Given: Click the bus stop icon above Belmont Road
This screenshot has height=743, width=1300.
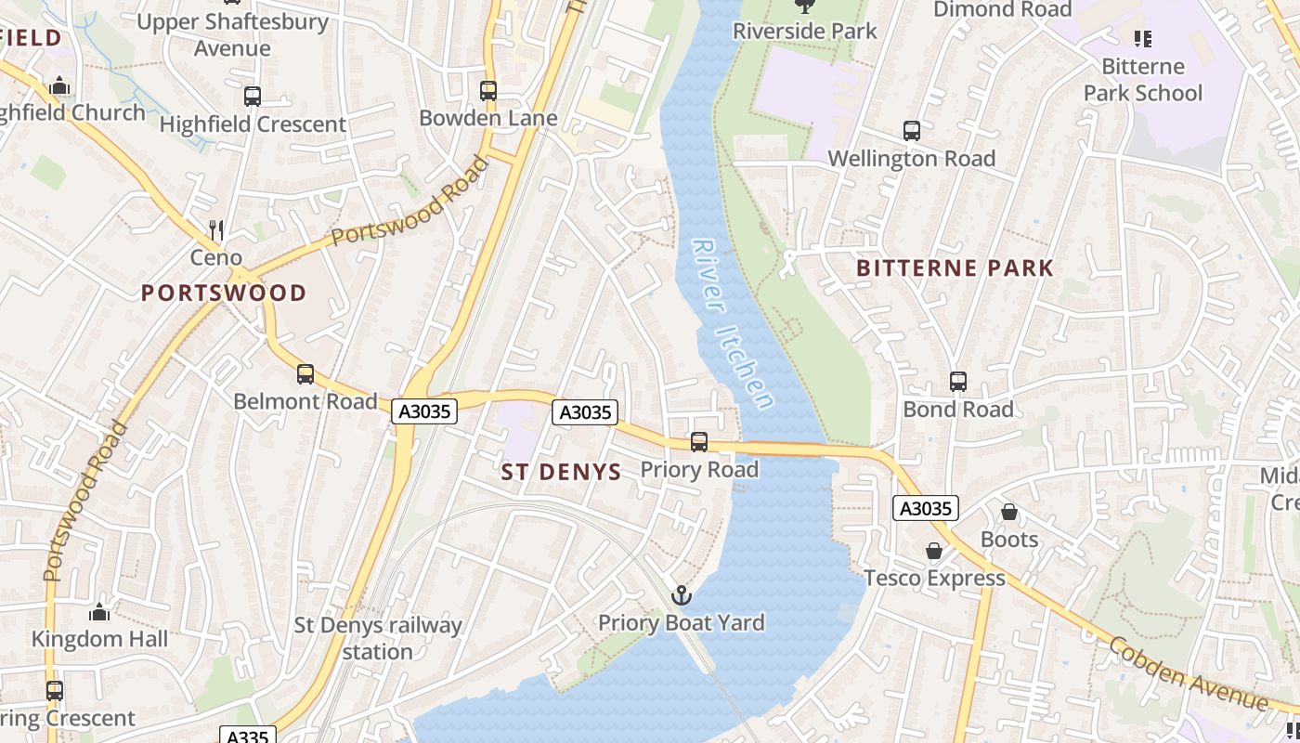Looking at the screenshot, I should (305, 374).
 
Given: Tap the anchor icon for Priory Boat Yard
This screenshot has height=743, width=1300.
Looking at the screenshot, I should (682, 595).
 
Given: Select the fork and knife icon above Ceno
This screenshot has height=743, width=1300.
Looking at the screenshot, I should (216, 229).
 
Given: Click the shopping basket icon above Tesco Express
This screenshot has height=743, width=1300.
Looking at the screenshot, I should (934, 551).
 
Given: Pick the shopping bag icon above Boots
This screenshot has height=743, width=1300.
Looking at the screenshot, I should (1009, 512).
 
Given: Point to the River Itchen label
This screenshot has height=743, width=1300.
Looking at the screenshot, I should (733, 324).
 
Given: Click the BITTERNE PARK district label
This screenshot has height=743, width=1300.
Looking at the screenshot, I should (955, 268).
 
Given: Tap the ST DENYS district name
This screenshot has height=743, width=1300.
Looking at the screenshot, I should (561, 472).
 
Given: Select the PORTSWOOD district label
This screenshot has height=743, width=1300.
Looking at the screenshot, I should (223, 293).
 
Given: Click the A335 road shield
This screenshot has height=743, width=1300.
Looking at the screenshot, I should (248, 736).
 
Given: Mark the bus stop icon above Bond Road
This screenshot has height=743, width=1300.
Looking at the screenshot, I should (958, 382).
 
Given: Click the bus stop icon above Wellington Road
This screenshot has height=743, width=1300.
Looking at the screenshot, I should (912, 131).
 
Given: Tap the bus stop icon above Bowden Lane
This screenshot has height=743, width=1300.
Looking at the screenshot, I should (488, 91).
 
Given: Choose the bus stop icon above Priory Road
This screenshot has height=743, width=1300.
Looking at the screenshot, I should (699, 442).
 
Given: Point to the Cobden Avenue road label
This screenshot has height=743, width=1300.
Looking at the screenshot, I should (1188, 673).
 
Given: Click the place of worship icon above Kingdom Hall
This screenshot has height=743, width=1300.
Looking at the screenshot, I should (99, 612).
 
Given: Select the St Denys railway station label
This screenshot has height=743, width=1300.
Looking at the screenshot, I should (377, 638).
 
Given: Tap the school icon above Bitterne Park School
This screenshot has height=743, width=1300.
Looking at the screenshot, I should (1142, 39).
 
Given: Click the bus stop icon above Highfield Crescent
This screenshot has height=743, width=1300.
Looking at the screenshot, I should (252, 97).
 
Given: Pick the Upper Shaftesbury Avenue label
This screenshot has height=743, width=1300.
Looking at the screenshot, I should (232, 34).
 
